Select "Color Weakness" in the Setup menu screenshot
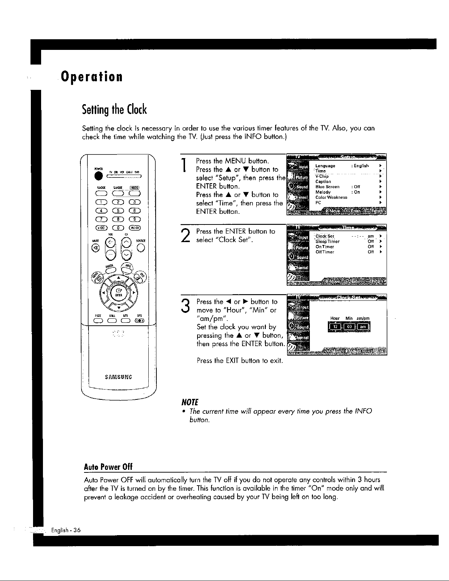coord(331,197)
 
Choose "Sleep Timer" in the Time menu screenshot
coord(327,242)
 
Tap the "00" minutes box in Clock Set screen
coord(349,327)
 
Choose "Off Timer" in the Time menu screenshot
coord(325,252)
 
